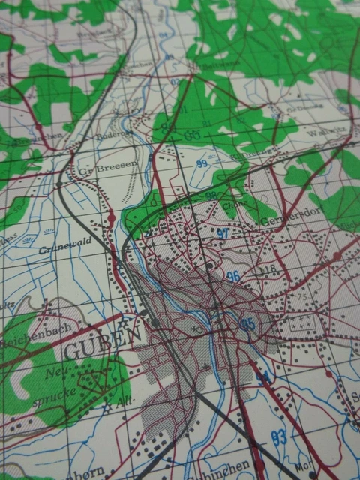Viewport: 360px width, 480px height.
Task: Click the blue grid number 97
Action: (223, 233)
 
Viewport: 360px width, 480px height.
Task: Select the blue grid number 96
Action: (233, 276)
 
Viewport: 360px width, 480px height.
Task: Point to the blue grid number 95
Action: (247, 324)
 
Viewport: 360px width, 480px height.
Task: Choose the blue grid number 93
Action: (279, 436)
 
